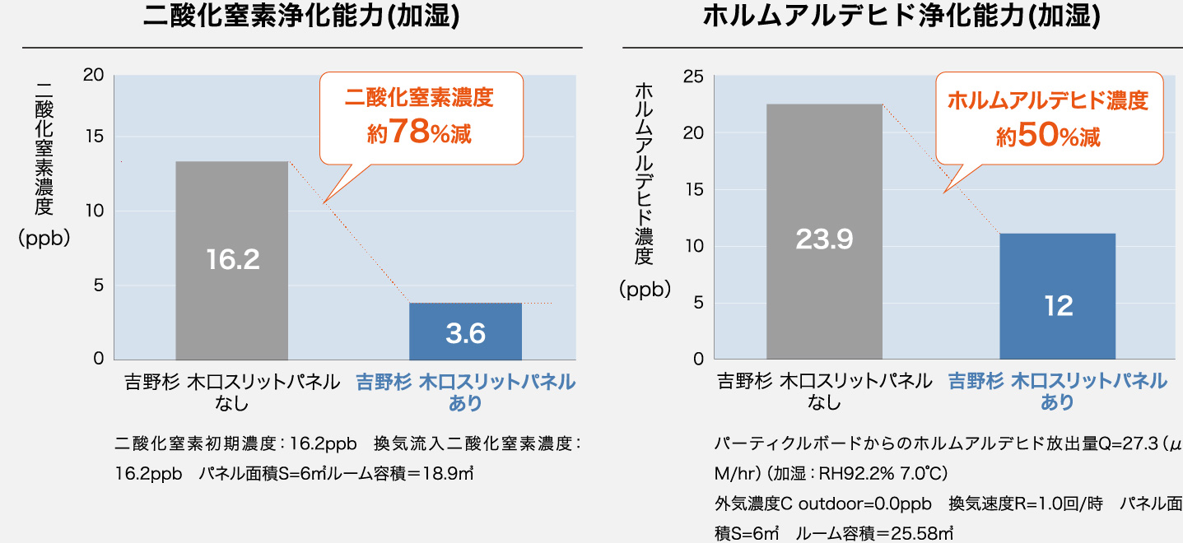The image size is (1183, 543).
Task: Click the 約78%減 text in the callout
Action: click(420, 132)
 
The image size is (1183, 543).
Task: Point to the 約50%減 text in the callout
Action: click(1048, 136)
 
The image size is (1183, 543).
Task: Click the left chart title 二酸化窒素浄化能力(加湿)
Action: click(301, 16)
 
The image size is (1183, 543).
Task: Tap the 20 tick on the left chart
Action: click(93, 75)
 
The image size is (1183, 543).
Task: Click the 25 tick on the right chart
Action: click(693, 77)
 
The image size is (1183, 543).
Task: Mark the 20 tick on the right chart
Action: click(693, 133)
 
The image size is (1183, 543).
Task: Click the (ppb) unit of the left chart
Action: click(44, 239)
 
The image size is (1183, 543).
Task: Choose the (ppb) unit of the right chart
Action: click(645, 290)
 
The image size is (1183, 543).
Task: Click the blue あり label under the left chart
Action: click(465, 403)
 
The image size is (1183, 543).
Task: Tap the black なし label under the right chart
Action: click(824, 402)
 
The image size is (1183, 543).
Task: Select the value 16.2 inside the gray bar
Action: click(233, 260)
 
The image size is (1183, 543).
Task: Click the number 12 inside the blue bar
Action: click(1058, 306)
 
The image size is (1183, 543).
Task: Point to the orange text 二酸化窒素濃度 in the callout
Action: click(419, 99)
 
